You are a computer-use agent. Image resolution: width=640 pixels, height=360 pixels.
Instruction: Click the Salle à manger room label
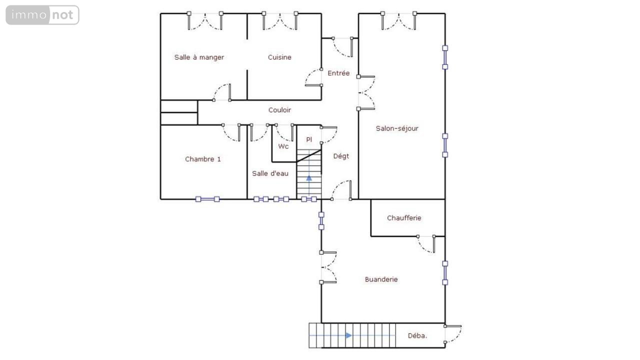tap(199, 57)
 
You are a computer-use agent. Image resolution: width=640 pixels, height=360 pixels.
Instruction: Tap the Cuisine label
tap(279, 57)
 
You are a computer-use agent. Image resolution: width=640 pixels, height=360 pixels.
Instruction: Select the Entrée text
tap(338, 73)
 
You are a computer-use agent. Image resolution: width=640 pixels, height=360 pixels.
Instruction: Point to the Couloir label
tap(279, 110)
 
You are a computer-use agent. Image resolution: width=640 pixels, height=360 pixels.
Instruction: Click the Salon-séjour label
tap(397, 128)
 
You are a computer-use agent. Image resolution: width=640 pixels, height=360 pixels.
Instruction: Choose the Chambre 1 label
tap(203, 159)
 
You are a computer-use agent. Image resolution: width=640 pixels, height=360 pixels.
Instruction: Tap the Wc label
tap(283, 146)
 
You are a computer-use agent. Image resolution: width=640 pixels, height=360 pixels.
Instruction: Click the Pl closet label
tap(309, 139)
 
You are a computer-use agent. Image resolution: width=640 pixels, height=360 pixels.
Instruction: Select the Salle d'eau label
tap(270, 173)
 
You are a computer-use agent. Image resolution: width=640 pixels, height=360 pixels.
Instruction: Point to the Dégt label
tap(341, 156)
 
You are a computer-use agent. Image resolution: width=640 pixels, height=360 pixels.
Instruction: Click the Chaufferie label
tap(404, 218)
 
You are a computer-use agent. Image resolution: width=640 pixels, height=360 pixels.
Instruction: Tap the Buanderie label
tap(381, 279)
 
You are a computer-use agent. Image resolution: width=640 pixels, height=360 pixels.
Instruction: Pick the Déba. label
tap(417, 336)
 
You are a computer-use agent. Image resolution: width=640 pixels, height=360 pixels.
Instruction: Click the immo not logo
tap(42, 15)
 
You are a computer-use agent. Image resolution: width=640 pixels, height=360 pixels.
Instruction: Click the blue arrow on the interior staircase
tap(309, 178)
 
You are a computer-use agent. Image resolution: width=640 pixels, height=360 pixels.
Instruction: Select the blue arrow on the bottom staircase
tap(348, 335)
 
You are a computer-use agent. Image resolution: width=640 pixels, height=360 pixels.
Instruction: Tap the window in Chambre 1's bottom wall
tap(207, 199)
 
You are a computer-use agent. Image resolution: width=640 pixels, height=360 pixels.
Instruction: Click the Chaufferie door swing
tap(426, 244)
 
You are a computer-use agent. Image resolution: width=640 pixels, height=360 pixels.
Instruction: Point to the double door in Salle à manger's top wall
tap(205, 21)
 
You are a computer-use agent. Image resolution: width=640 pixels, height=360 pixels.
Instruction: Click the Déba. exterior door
tap(453, 334)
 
